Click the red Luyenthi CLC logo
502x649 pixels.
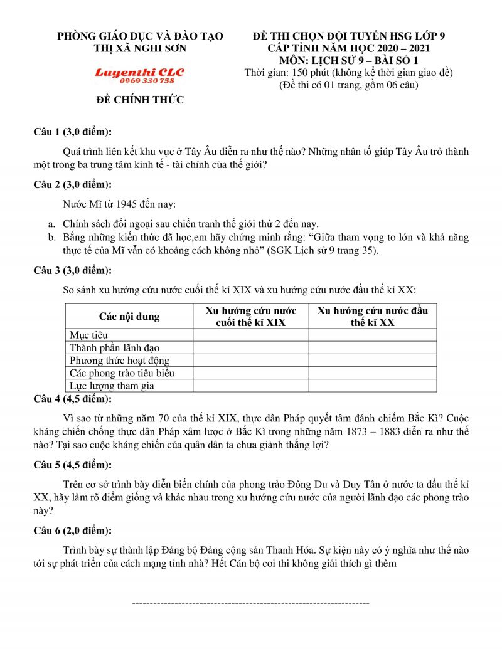[139, 72]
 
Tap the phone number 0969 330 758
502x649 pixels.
[139, 82]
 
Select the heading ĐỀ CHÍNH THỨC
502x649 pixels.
[140, 100]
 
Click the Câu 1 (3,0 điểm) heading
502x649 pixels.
[73, 132]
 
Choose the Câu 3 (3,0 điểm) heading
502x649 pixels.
[73, 270]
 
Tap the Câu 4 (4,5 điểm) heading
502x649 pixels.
[73, 399]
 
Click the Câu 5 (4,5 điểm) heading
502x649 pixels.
[73, 465]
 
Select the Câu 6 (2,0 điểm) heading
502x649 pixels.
[73, 530]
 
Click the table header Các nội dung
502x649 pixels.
[129, 316]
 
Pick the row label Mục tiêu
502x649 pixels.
[88, 335]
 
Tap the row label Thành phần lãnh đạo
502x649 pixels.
[115, 347]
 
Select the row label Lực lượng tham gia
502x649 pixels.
[112, 386]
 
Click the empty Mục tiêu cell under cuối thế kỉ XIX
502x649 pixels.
[250, 335]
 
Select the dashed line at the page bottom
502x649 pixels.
[250, 603]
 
